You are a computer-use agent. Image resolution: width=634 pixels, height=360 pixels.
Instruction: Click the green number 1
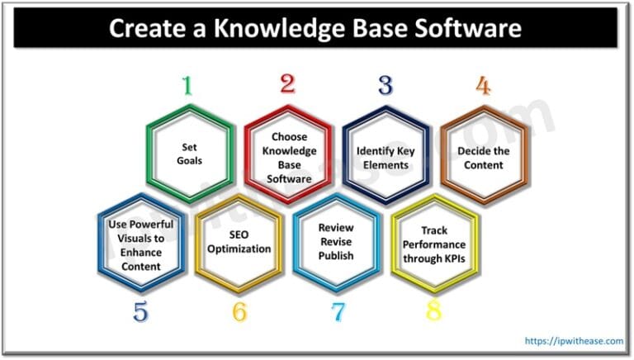pos(187,86)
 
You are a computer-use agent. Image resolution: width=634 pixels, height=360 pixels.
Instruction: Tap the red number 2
pos(286,83)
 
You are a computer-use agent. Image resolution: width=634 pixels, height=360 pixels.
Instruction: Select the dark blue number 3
pos(385,86)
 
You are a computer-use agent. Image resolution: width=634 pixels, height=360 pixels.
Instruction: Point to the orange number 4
pos(484,86)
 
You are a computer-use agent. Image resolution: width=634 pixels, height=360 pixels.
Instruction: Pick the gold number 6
pos(239,312)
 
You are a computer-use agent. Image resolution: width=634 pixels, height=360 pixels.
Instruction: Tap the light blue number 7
pos(337,312)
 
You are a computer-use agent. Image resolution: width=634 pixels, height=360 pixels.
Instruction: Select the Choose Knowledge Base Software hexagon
pos(287,154)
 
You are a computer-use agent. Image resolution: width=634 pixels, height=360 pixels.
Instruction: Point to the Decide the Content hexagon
pos(484,158)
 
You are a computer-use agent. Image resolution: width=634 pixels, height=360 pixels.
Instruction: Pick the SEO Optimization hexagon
pos(238,243)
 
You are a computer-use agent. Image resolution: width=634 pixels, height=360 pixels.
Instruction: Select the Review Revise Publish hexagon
pos(336,244)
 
